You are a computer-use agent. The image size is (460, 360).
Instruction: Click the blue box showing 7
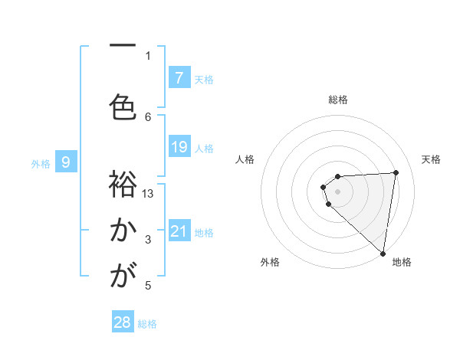[x=179, y=77]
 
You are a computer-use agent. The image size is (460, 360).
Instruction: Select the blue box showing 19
[x=179, y=146]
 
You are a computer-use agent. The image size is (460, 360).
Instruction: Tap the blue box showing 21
[x=179, y=231]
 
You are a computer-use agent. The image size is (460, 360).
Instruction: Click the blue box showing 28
[x=123, y=322]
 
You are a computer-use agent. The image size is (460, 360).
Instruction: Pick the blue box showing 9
[x=67, y=162]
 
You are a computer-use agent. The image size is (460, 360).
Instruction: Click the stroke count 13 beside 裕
[x=148, y=194]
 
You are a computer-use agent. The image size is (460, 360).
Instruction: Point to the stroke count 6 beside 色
[x=148, y=116]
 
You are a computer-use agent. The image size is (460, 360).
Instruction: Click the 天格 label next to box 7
[x=204, y=79]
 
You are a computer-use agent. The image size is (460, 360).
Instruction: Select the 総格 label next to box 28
[x=147, y=324]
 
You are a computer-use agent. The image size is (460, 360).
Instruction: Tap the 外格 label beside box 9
[x=41, y=163]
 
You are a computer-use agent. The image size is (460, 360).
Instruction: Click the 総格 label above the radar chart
[x=338, y=100]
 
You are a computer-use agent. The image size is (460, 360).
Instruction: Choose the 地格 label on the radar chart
[x=402, y=263]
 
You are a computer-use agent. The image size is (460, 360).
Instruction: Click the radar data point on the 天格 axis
[x=396, y=172]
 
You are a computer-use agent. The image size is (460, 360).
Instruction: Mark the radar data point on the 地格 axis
[x=383, y=254]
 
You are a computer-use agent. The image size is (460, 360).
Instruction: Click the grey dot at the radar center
[x=337, y=190]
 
